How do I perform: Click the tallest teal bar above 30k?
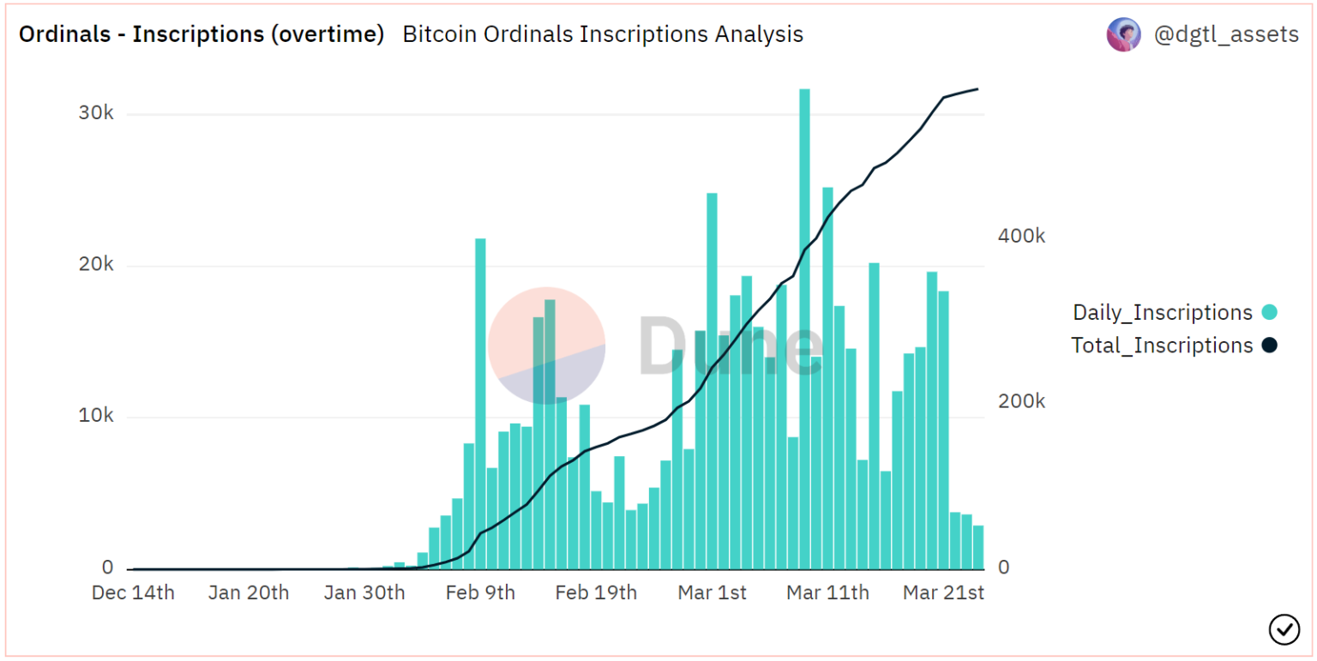[x=804, y=326]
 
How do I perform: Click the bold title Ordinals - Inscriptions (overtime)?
[x=201, y=34]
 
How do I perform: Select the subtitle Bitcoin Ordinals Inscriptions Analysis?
[x=603, y=34]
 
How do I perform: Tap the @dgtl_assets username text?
[x=1226, y=34]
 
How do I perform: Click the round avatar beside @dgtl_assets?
[x=1123, y=34]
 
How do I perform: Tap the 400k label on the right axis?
[x=1021, y=236]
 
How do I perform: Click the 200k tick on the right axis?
[x=1021, y=401]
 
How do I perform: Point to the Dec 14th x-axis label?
[x=133, y=592]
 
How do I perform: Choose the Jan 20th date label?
[x=249, y=592]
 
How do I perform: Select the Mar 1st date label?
[x=713, y=592]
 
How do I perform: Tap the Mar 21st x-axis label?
[x=944, y=592]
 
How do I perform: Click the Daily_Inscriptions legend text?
[x=1163, y=313]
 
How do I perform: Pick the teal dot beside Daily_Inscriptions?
[x=1270, y=313]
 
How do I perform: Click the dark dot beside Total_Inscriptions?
[x=1270, y=346]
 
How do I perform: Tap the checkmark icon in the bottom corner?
[x=1284, y=629]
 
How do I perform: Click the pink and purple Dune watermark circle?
[x=547, y=345]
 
